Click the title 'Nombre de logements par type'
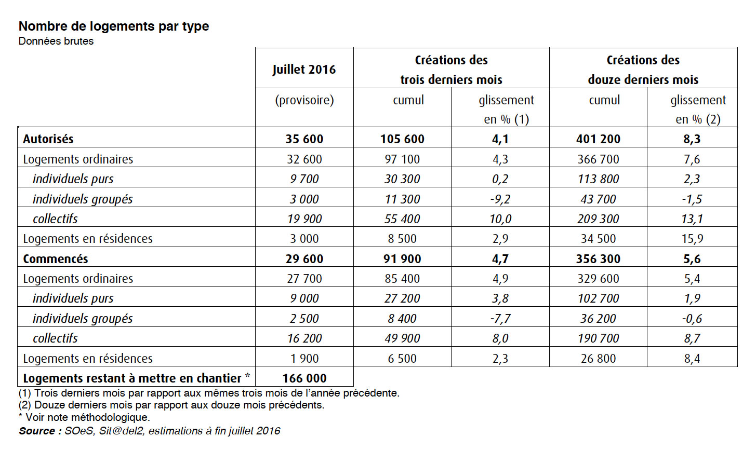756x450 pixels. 114,26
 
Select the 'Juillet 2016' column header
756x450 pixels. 304,70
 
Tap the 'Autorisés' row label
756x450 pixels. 48,139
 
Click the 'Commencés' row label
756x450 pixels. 56,259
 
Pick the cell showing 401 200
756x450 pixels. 598,139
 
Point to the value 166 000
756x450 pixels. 304,378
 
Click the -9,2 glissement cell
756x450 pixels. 500,199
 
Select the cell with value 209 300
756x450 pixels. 598,219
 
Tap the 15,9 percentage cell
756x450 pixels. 692,239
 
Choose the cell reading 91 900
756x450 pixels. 402,259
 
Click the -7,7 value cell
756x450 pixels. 500,319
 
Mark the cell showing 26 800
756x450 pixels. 598,358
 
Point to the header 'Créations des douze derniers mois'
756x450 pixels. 643,70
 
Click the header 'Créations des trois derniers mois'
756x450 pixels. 451,70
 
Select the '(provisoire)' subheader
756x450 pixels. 304,101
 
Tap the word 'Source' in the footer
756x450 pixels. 37,431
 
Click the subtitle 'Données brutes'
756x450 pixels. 56,41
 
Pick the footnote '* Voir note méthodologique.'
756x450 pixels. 84,417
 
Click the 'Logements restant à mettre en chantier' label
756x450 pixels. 132,378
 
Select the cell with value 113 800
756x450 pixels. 598,179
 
